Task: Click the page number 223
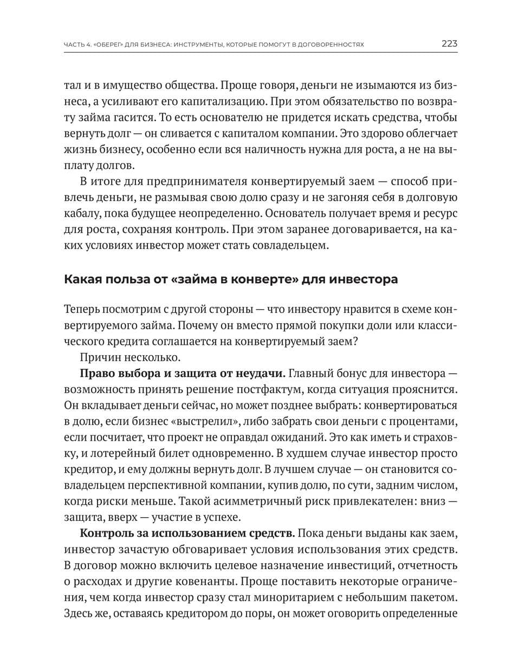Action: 449,44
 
